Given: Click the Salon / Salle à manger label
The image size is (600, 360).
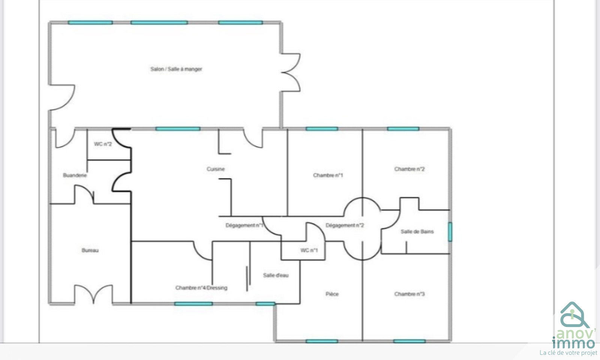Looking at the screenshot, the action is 176,69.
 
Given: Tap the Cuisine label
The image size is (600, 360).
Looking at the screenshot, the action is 216,169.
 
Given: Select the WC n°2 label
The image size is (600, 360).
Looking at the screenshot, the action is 103,144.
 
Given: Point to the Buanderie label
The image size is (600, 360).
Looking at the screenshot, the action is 75,175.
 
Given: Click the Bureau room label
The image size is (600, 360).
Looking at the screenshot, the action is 90,250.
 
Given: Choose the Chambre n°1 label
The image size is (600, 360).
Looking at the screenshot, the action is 328,175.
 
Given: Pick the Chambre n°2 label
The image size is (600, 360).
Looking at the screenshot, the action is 409,169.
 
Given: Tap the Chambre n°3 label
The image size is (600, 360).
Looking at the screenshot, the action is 409,294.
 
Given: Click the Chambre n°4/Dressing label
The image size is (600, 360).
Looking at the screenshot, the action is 201,288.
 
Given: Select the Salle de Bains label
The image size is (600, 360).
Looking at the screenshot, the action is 417,231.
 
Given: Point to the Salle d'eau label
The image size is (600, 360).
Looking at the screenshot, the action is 276,275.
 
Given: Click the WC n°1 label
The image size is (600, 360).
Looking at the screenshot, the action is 309,250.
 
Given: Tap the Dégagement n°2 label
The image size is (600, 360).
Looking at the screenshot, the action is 345,225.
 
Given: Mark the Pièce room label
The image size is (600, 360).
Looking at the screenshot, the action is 332,294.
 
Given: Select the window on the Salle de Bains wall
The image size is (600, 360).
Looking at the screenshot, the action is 450,232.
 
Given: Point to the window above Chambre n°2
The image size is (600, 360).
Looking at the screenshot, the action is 403,129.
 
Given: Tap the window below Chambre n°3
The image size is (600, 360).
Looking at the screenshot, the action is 409,341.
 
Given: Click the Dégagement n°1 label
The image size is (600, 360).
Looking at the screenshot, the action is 244,225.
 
